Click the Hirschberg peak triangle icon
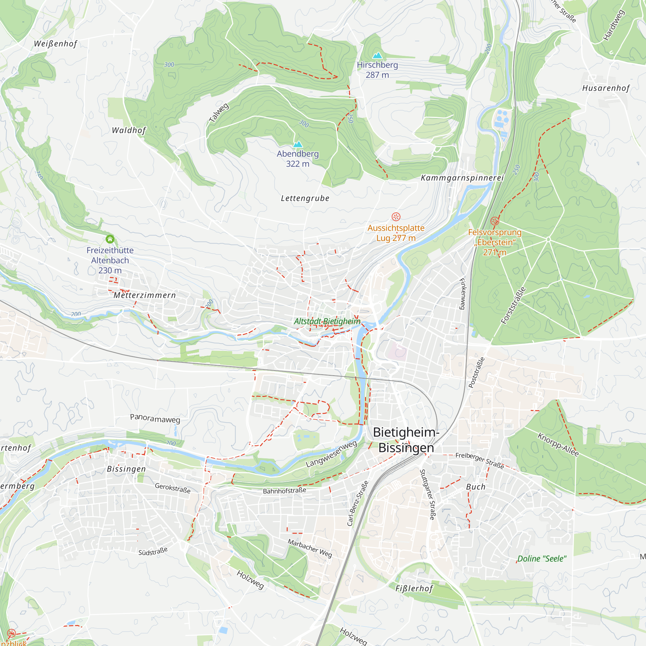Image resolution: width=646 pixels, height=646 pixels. pos(377,55)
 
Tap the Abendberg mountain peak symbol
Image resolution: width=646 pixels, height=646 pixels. pos(297,144)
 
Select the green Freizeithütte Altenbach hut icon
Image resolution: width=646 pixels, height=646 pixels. pos(110,239)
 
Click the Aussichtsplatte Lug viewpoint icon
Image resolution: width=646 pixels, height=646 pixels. pos(396,217)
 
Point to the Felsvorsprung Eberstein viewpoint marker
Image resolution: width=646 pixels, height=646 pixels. pos(495,221)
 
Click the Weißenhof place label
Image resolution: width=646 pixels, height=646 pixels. pos(56,44)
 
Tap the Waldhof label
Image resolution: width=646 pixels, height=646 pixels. pos(129,130)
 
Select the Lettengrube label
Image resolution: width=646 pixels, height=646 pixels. pos(305,198)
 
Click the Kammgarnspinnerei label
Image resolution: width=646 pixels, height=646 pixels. pos(462,178)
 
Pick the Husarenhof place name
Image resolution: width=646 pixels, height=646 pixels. pos(606,88)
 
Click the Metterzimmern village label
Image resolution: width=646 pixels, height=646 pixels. pos(144,295)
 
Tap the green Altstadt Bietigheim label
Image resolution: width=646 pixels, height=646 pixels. pos(327,321)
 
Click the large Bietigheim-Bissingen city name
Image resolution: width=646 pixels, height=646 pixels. pos(406,440)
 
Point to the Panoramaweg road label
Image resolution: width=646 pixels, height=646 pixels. pos(155,418)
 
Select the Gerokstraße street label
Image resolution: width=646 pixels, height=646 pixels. pos(172,488)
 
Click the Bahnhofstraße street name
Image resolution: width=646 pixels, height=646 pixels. pos(284,491)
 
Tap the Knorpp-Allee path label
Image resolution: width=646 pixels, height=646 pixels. pos(558,444)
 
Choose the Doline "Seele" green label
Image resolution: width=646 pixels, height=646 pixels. pos(542,559)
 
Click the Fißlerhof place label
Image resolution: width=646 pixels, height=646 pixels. pos(414,589)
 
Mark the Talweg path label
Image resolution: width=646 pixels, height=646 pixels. pos(219,113)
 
